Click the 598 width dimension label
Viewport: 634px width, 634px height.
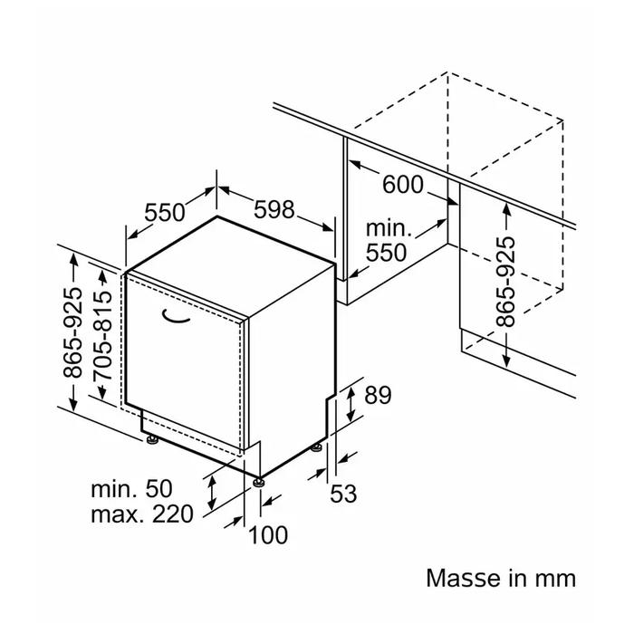pos(274,210)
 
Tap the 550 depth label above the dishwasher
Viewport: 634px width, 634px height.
pos(165,213)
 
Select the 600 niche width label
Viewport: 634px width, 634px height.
pos(403,185)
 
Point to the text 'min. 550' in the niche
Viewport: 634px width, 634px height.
pos(388,241)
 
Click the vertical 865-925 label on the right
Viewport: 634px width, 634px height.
pos(506,282)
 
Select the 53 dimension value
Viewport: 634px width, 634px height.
pos(344,494)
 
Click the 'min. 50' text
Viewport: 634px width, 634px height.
pos(130,489)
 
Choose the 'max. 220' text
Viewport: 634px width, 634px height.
pos(142,514)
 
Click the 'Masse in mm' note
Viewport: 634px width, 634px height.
pos(501,578)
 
